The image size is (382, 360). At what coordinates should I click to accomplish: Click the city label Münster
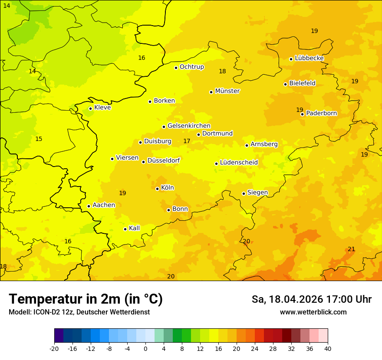(x=227, y=91)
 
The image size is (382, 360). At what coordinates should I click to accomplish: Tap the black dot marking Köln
(x=157, y=189)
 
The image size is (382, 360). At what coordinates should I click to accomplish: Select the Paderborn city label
(x=321, y=113)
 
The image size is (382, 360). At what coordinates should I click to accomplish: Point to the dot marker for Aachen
(x=89, y=206)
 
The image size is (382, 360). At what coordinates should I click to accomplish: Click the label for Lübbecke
(x=309, y=58)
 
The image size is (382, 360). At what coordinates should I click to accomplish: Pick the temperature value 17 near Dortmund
(x=187, y=141)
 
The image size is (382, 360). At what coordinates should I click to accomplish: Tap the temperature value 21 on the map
(x=351, y=249)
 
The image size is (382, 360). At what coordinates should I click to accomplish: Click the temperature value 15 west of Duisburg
(x=39, y=139)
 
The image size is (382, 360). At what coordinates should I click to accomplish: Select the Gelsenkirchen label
(x=189, y=126)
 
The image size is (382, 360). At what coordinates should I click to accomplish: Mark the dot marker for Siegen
(x=244, y=193)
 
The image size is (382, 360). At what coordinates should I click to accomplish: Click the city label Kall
(x=134, y=228)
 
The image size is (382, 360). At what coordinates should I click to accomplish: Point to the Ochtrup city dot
(x=176, y=68)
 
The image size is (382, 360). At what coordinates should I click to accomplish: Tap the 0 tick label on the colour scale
(x=145, y=348)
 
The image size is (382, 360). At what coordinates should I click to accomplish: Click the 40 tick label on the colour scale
(x=327, y=348)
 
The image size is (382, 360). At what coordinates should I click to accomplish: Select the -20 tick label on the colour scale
(x=54, y=348)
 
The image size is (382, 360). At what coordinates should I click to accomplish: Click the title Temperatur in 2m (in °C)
(x=86, y=299)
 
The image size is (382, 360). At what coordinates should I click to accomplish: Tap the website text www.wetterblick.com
(x=313, y=312)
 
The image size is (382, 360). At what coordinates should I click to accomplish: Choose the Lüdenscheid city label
(x=239, y=163)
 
